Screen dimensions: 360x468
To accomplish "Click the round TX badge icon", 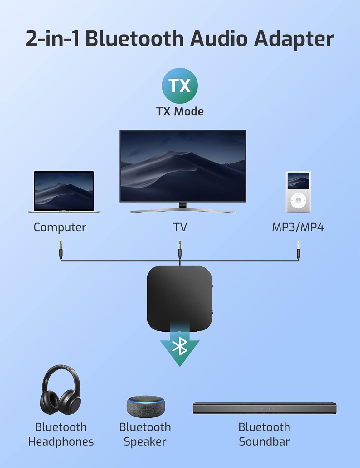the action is (180, 86).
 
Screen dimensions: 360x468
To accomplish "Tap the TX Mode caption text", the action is (180, 111).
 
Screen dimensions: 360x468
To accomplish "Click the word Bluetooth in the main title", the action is (134, 39).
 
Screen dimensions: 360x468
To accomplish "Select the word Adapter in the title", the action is (294, 40).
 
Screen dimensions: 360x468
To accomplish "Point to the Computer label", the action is (60, 227).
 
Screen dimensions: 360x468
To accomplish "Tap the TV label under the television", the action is (180, 227).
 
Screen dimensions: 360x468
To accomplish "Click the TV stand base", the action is (182, 210).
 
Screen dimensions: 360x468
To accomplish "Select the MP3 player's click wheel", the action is (298, 201).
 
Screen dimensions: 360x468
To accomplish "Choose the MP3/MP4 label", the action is (298, 227).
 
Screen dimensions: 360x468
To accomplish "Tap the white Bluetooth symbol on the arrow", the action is (180, 346).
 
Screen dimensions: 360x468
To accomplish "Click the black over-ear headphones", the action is (61, 390).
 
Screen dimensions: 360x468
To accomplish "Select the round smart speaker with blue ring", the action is (146, 407).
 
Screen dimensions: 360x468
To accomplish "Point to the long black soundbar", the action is (265, 408).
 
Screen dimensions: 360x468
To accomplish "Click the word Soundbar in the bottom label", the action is (265, 441).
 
